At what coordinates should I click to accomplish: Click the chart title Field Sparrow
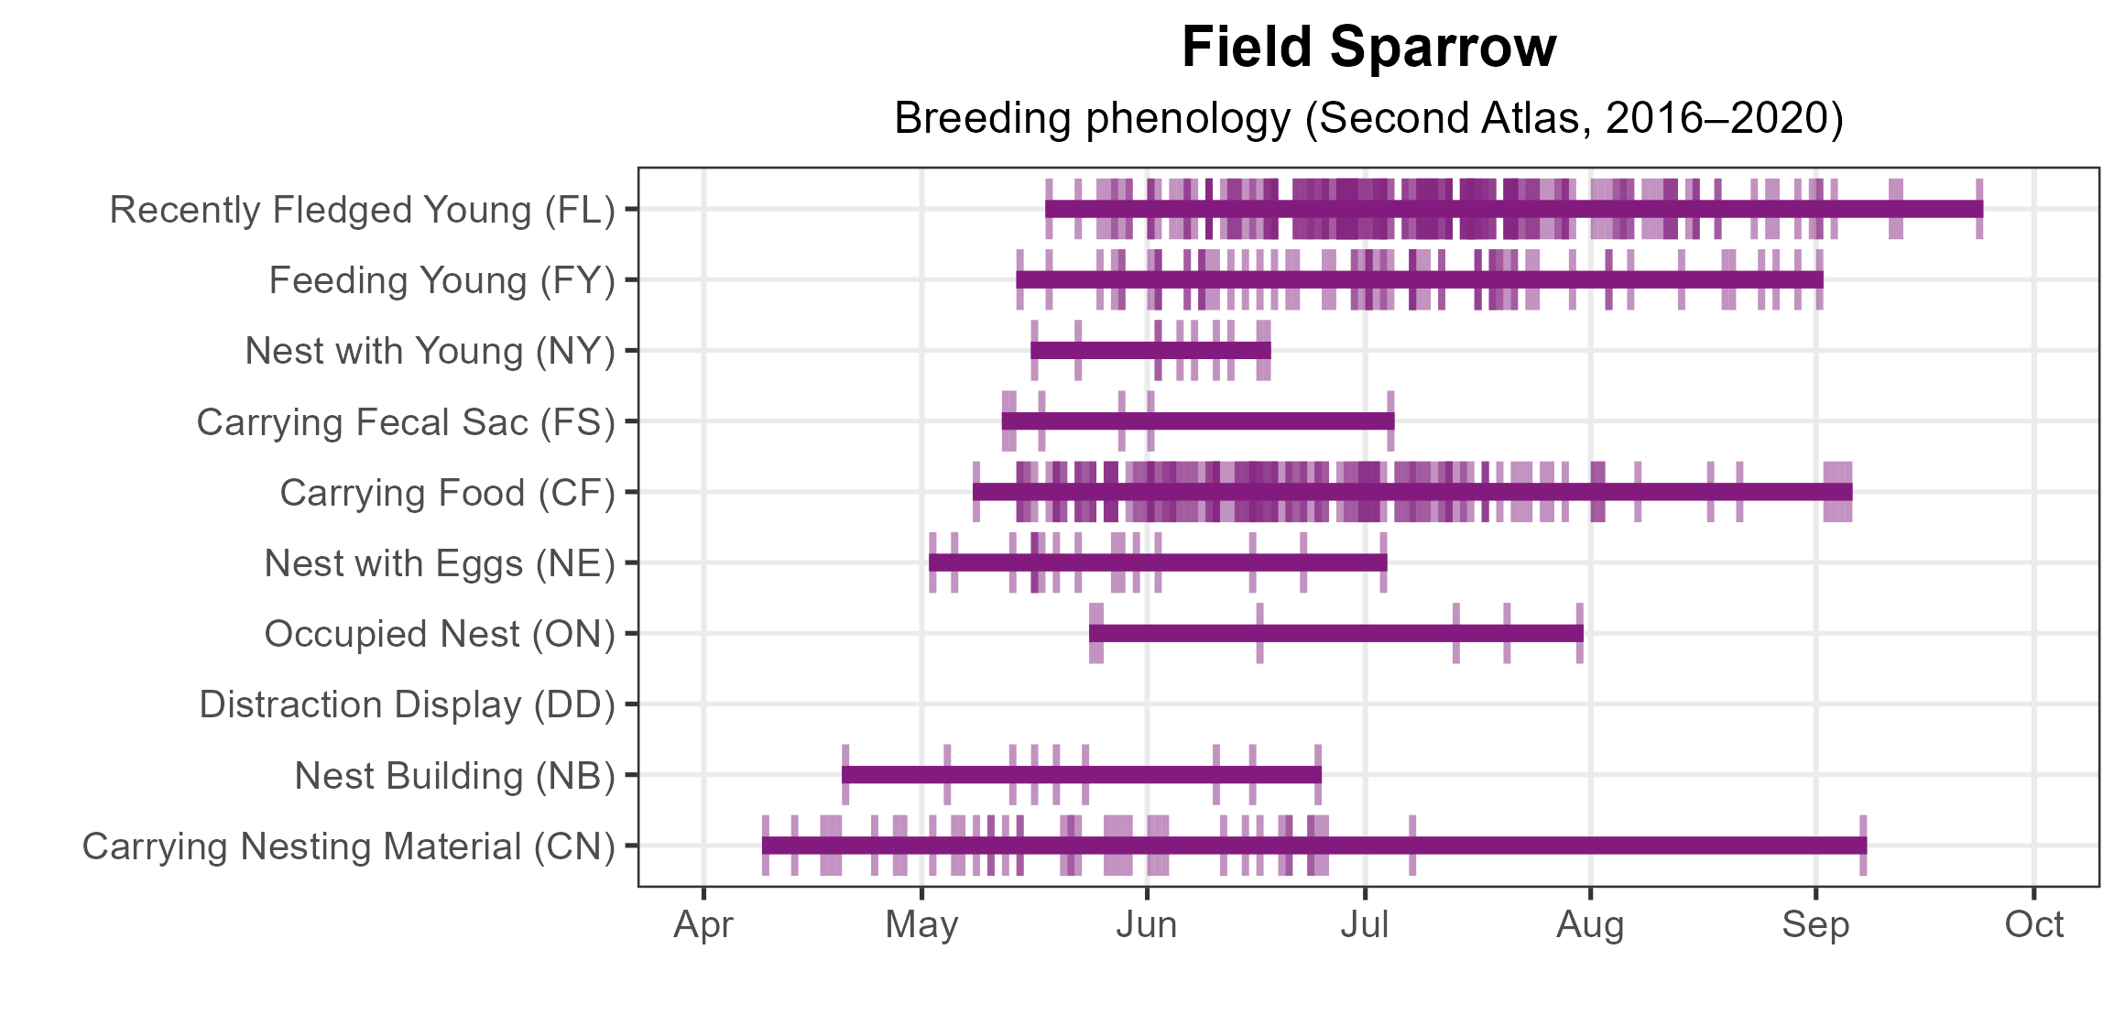point(1368,48)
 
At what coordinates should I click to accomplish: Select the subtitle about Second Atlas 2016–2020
point(1368,119)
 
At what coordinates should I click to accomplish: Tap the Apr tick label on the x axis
point(703,925)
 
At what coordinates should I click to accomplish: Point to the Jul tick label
point(1365,925)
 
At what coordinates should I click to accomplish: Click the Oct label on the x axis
point(2033,925)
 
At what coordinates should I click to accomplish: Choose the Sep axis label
point(1815,925)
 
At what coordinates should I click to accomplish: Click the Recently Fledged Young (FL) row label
point(362,210)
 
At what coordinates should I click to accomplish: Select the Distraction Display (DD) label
point(407,704)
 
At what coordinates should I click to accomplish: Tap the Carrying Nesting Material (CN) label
point(348,846)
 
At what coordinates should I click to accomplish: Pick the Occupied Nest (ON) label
point(440,634)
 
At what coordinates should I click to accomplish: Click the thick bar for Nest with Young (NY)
point(1150,350)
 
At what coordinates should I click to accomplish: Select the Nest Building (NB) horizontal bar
point(1081,775)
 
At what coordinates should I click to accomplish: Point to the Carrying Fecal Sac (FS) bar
point(1198,421)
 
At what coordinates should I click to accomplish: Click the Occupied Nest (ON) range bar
point(1335,633)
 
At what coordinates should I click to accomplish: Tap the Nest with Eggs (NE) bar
point(1158,562)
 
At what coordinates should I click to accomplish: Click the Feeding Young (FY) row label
point(441,280)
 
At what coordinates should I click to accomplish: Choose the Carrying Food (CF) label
point(447,493)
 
